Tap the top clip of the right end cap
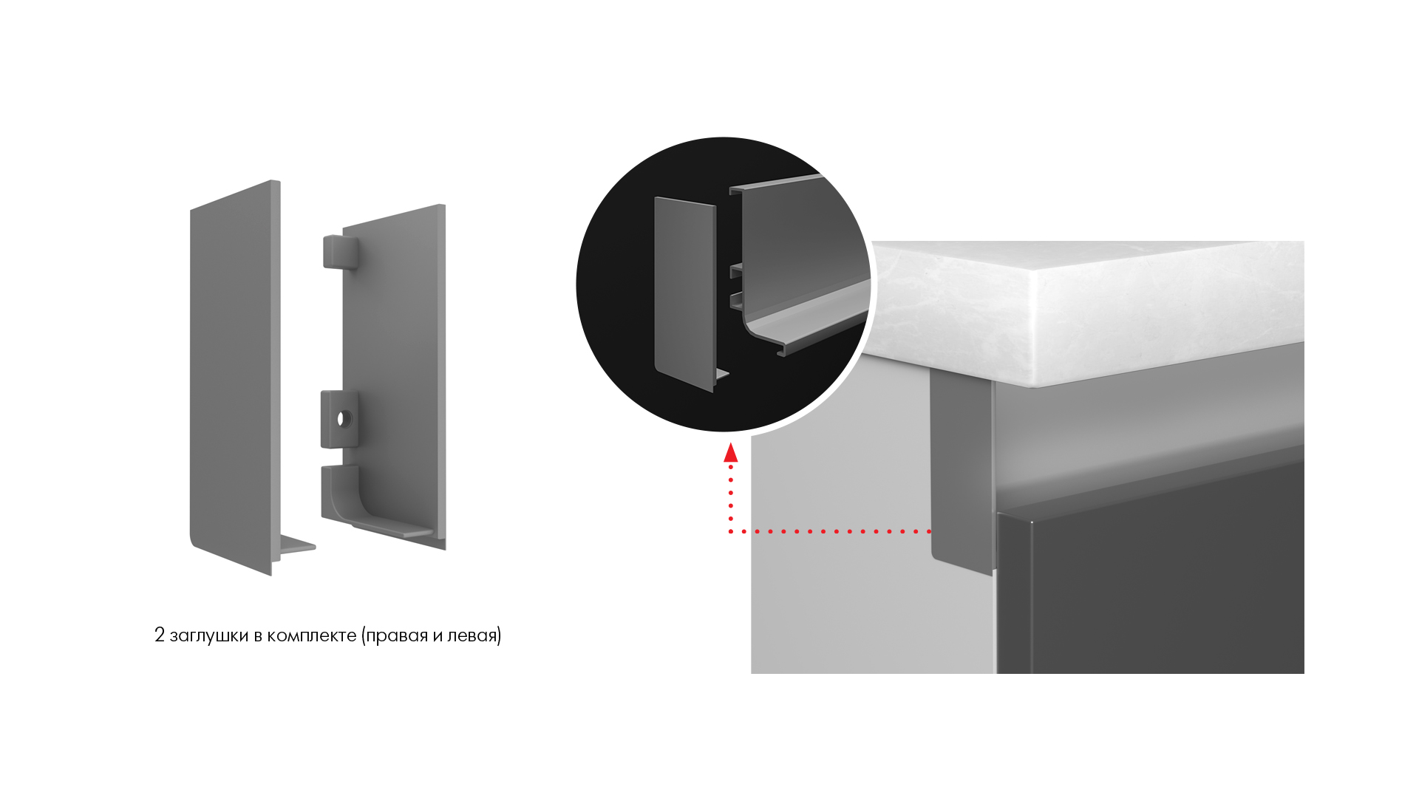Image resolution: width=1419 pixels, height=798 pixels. [x=340, y=251]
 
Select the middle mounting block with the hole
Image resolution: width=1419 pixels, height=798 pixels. [x=339, y=419]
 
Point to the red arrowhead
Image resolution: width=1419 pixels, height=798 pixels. [x=731, y=452]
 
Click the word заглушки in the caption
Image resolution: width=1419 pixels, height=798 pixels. [x=209, y=635]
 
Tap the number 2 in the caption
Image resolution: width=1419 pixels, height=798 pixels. [x=160, y=635]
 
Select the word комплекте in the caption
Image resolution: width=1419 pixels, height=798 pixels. [x=312, y=635]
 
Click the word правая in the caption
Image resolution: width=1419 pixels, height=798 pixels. [x=395, y=635]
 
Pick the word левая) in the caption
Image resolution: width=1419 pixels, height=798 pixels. [x=474, y=635]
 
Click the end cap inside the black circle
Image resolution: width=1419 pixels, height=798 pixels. [x=685, y=293]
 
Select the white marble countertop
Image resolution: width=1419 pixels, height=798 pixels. [x=1086, y=310]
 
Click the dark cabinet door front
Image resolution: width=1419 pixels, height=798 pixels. [x=1151, y=576]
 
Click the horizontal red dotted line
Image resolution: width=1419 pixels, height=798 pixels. [x=830, y=531]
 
